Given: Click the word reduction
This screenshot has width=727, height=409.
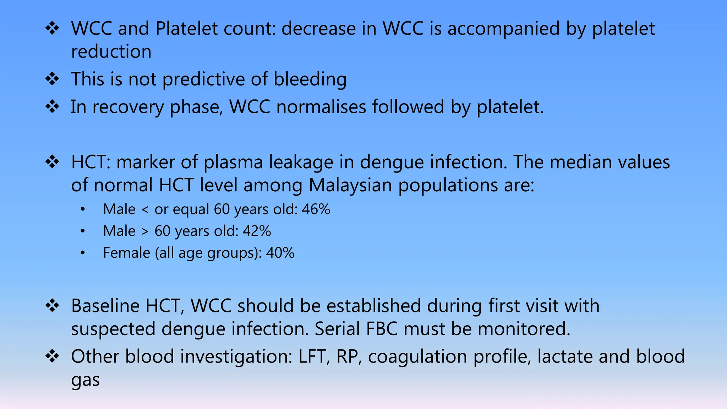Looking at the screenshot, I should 111,52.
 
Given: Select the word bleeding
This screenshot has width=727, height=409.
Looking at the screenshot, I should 310,79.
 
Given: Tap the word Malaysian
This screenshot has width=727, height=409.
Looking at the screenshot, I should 350,185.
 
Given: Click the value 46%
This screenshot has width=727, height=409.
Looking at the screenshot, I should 316,209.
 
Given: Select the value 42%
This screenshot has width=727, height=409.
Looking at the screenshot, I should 257,231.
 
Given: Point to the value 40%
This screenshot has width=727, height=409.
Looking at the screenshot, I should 280,253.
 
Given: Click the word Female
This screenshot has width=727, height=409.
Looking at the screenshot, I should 126,253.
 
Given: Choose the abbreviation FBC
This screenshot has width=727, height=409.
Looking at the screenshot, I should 382,329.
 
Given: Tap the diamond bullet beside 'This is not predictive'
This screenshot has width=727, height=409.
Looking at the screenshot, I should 52,79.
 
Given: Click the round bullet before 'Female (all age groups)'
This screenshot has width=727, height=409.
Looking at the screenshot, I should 83,253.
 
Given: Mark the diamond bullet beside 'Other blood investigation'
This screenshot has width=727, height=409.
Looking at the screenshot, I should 52,356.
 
